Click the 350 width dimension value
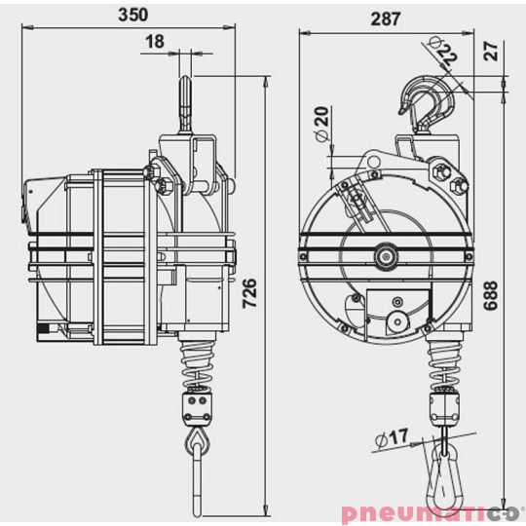coord(132,15)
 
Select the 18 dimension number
coord(155,42)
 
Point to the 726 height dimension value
coord(250,293)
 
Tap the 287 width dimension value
coord(386,19)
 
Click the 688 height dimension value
coord(490,295)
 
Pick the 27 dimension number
coord(492,51)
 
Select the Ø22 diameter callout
coord(443,51)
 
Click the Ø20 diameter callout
coord(321,124)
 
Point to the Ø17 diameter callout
coord(392,437)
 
